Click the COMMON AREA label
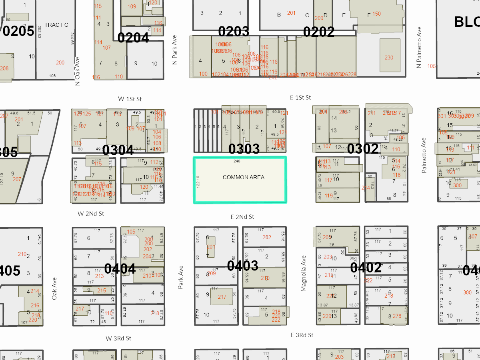click(243, 177)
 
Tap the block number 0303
click(244, 149)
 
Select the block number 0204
click(133, 38)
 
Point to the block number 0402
click(366, 268)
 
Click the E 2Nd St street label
click(242, 217)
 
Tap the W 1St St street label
click(130, 99)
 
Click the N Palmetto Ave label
click(419, 47)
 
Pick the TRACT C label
click(56, 25)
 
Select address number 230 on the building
click(389, 58)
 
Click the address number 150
click(376, 14)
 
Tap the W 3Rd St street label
click(118, 338)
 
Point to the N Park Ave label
click(174, 50)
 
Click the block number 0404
click(120, 269)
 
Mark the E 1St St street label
click(300, 98)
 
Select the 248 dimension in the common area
click(237, 161)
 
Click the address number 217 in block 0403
click(222, 297)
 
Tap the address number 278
click(397, 316)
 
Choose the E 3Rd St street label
click(302, 335)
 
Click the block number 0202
click(318, 32)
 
